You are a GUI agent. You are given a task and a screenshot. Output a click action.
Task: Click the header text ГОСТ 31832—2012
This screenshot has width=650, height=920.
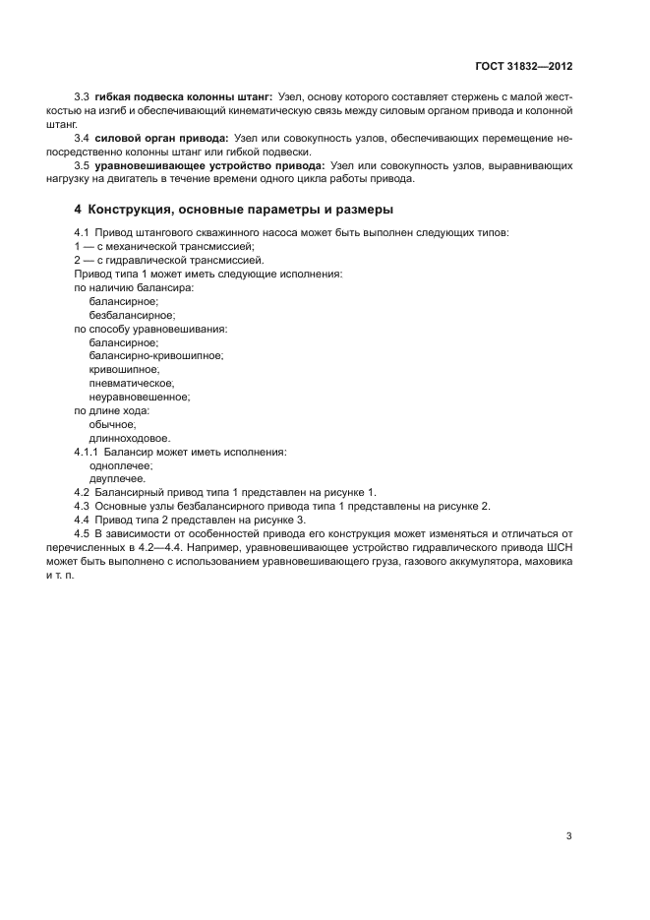[x=521, y=67]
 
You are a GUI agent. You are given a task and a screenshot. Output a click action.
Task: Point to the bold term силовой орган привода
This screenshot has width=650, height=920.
[x=163, y=140]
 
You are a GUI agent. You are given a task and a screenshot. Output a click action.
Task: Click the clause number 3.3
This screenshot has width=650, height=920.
[x=83, y=98]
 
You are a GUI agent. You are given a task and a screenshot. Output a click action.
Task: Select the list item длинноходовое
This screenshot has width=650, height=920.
[x=129, y=438]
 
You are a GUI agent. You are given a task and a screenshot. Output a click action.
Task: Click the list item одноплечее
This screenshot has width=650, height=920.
[x=120, y=465]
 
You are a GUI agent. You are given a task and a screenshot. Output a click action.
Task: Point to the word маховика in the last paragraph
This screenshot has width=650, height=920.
[x=547, y=562]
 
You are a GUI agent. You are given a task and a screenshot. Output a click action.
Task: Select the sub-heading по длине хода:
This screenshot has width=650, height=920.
[x=111, y=410]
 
